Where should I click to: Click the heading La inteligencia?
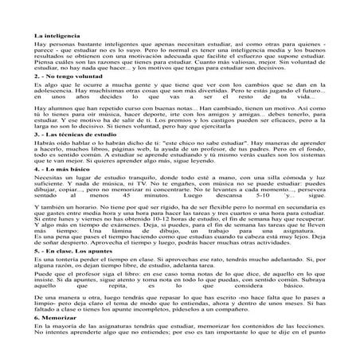pos(57,37)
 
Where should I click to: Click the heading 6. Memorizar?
pos(55,338)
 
